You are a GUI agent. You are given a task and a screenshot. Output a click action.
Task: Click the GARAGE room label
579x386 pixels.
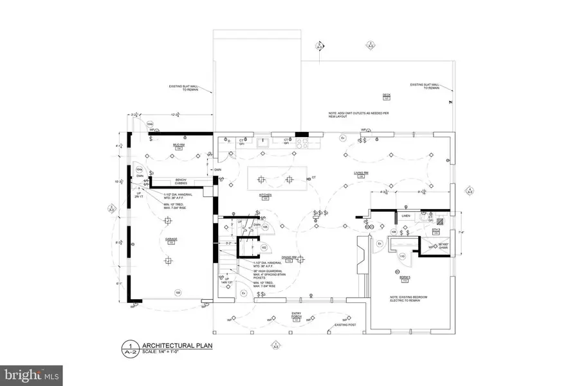tap(171, 239)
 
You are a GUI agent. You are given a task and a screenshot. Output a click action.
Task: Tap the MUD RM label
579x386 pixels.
tap(170, 145)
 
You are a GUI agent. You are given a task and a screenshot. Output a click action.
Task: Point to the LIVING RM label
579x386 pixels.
tap(360, 173)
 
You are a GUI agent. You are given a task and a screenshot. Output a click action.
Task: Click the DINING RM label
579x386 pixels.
tap(297, 257)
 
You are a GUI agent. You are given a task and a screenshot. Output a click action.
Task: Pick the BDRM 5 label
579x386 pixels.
tap(405, 277)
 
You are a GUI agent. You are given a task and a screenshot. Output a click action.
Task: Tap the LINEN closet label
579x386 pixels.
tap(405, 216)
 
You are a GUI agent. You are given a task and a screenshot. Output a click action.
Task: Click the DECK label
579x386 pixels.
tap(387, 95)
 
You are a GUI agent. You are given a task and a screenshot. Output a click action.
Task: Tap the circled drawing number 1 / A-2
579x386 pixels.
tap(129, 348)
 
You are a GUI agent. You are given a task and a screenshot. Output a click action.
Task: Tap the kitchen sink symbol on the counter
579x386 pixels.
tap(263, 143)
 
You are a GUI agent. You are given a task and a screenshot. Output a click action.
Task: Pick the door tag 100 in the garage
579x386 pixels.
tap(178, 292)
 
